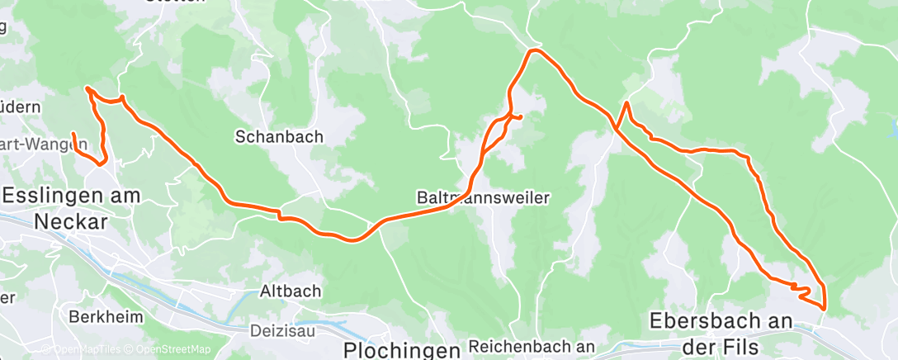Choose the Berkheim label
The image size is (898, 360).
[x=106, y=317]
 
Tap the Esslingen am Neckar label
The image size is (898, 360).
[x=71, y=209]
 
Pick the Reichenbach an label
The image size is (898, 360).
[x=532, y=346]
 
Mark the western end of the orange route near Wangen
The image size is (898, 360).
[x=73, y=134]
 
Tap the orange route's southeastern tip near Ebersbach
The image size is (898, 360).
[x=823, y=308]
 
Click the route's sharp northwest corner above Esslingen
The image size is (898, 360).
[x=87, y=88]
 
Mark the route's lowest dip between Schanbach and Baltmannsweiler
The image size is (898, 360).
[x=352, y=240]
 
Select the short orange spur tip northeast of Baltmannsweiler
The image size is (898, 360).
[x=522, y=117]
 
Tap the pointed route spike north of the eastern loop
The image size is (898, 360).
[x=627, y=102]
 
